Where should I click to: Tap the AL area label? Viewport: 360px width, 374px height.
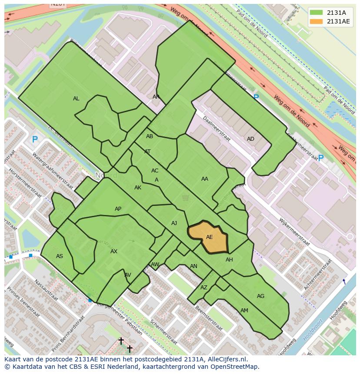coord(76,99)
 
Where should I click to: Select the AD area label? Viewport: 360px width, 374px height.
coord(250,139)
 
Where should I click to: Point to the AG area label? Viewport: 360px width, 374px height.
coord(260,296)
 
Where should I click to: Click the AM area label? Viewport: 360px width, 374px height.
coord(244,311)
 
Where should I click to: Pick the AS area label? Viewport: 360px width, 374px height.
coord(60,256)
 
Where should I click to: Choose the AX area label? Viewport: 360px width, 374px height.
coord(114,252)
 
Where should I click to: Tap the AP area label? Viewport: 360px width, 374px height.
coord(118,209)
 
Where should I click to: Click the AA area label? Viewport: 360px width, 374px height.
coord(205,179)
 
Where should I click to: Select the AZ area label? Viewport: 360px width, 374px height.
coord(204,288)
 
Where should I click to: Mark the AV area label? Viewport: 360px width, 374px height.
coord(128,275)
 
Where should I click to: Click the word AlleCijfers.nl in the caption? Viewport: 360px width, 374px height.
coord(226,359)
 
